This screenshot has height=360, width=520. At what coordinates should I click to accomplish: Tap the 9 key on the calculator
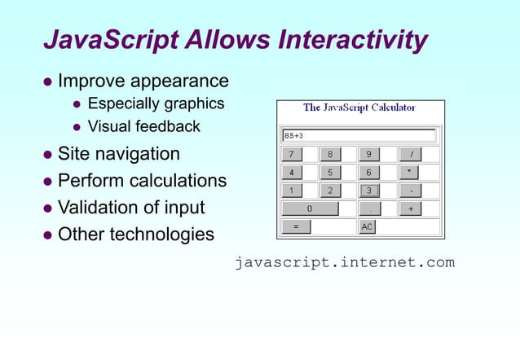368,154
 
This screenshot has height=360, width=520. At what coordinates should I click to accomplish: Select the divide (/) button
410,154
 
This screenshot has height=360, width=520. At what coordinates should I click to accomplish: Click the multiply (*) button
410,173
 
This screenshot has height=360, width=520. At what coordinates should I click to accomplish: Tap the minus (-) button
410,191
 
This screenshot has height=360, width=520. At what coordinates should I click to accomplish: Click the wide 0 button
310,209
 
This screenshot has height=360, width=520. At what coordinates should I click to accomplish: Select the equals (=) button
296,226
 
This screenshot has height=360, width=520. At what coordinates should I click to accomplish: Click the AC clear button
368,226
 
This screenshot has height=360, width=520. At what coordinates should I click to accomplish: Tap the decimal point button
368,209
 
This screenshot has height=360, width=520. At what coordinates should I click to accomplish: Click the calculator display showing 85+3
359,135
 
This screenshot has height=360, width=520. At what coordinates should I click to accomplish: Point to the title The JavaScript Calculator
359,108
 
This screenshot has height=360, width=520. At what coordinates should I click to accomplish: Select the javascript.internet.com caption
344,262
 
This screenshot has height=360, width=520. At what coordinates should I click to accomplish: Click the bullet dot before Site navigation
47,154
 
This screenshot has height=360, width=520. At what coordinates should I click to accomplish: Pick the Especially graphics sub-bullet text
156,103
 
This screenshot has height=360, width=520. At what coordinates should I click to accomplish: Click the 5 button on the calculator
329,173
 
